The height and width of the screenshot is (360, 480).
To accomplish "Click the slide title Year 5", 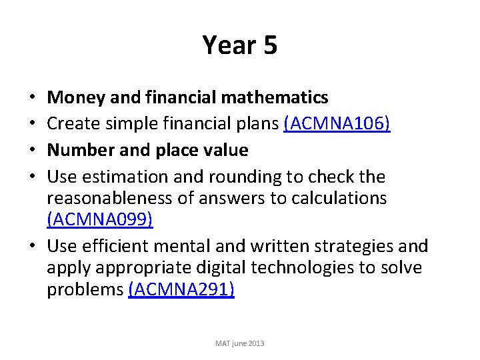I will pos(239,46).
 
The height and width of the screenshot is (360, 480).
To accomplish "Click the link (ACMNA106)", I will pos(337,124).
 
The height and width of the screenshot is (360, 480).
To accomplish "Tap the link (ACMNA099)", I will pos(100,221).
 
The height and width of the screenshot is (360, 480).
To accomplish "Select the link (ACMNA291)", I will pos(181,290).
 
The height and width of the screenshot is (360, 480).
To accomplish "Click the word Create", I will pos(72,124).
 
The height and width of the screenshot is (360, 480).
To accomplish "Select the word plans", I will pos(255,124).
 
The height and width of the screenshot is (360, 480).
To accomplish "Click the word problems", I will pos(85,290).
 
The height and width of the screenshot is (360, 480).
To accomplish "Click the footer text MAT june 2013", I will pos(239,343).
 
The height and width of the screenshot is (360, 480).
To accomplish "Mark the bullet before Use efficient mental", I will pos(33,246).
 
